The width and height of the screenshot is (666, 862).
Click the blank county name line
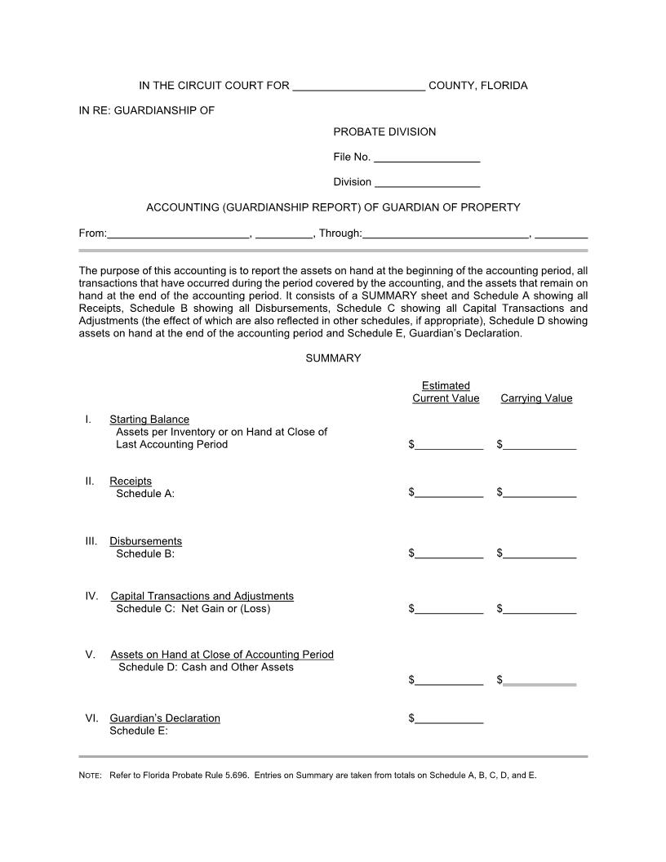click(358, 87)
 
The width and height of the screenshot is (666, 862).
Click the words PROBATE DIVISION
click(384, 132)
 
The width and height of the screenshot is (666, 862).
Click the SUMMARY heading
click(333, 358)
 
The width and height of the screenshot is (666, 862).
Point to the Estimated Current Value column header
click(446, 393)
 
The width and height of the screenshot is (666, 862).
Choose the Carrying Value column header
click(536, 399)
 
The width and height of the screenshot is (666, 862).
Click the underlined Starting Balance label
click(149, 420)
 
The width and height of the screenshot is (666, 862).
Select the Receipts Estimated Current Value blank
click(449, 493)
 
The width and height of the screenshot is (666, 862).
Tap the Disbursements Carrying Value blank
click(539, 553)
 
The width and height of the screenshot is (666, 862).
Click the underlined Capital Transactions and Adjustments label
click(202, 597)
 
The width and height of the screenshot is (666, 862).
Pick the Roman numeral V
click(90, 655)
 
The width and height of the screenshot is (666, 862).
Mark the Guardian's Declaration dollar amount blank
click(449, 718)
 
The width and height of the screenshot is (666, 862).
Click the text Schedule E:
click(139, 731)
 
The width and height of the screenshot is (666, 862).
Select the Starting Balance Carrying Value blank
click(539, 445)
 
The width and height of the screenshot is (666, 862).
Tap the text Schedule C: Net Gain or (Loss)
click(193, 609)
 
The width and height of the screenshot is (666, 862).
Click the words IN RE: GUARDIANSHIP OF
click(147, 110)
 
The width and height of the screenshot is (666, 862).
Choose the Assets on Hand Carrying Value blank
click(539, 680)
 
